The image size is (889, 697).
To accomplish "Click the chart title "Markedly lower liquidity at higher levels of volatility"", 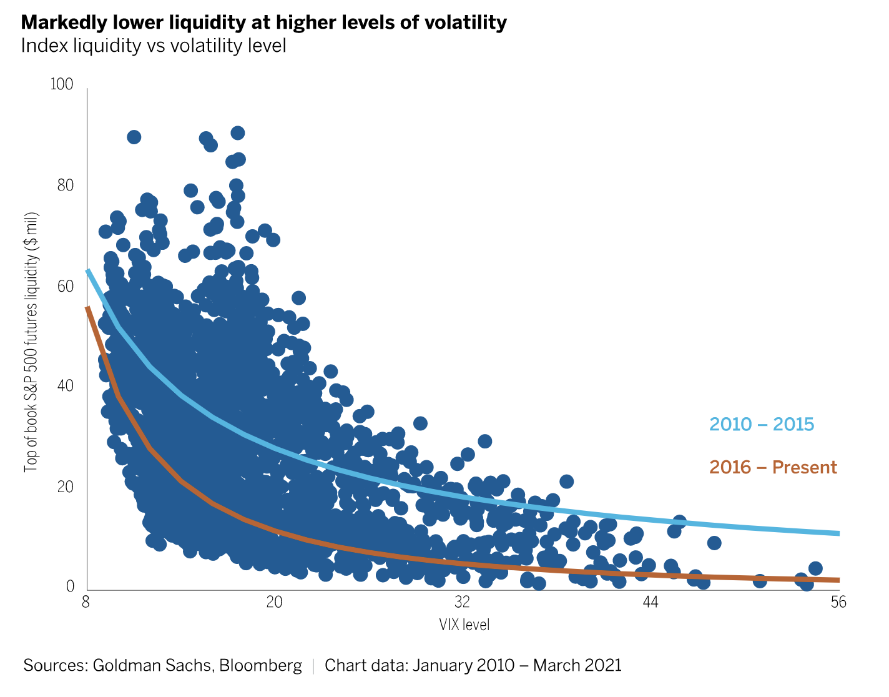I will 263,22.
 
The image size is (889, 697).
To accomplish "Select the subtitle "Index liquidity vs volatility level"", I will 154,46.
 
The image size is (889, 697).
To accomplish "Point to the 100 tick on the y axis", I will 61,84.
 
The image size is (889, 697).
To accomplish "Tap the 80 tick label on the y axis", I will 64,185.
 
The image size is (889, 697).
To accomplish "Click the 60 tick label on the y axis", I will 64,286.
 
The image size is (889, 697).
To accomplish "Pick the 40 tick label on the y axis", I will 64,386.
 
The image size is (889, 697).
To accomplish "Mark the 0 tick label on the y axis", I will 71,586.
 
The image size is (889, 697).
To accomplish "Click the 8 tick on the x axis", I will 86,602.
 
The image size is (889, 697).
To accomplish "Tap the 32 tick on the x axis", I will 462,602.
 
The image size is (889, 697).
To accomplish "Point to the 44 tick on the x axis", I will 651,602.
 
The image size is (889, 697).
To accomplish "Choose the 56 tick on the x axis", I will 838,602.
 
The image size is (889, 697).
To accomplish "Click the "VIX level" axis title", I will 464,625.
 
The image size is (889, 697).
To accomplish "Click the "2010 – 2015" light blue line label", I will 762,425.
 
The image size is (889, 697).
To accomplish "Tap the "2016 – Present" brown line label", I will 773,467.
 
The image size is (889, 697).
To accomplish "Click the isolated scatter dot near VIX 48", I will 714,543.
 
